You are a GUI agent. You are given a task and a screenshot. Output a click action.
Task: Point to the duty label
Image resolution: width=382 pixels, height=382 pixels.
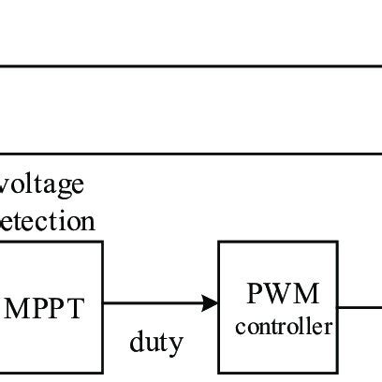[x=155, y=343]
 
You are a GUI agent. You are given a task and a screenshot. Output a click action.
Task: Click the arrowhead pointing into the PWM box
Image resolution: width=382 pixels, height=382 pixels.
[x=211, y=302]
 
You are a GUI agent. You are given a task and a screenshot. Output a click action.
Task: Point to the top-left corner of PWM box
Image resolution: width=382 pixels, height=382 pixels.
[x=219, y=242]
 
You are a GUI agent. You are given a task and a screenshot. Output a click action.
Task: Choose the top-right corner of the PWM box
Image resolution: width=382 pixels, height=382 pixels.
[x=337, y=242]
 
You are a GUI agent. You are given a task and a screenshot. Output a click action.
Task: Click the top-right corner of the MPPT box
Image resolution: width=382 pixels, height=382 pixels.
[x=102, y=242]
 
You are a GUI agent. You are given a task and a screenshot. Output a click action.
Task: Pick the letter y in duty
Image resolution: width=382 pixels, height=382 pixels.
[x=177, y=345]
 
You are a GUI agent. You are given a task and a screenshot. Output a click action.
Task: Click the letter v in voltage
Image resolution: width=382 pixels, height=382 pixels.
[x=7, y=185]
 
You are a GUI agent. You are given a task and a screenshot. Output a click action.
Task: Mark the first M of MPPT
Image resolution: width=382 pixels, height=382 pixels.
[x=18, y=308]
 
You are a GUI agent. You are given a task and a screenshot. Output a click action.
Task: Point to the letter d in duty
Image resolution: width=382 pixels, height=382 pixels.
[x=136, y=342]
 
